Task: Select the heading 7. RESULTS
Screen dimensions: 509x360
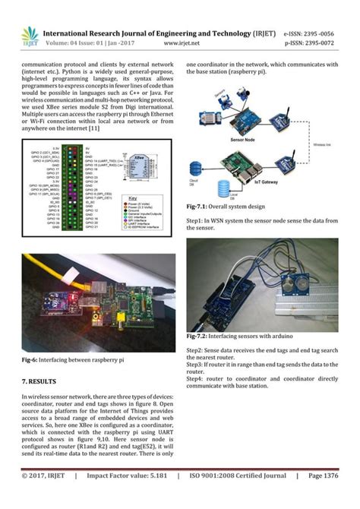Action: pos(36,379)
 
